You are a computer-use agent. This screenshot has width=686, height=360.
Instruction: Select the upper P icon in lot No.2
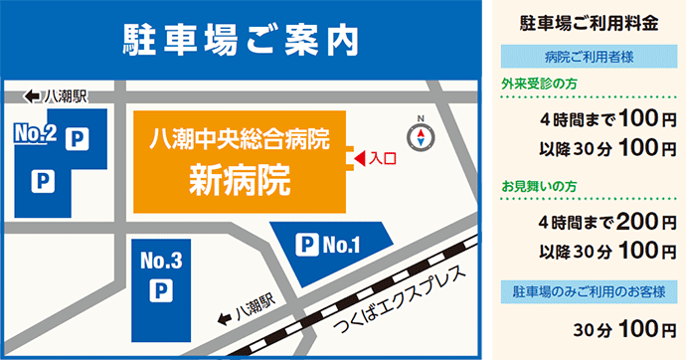point(74,141)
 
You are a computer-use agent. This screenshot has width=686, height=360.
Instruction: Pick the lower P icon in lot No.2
point(42,180)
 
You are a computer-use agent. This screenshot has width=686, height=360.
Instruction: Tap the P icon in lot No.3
point(159,291)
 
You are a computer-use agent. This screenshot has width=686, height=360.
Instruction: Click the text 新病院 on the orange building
point(240,179)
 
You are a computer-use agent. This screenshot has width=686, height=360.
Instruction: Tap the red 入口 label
point(382,157)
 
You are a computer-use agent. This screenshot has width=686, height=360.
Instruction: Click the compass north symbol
point(424,135)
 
